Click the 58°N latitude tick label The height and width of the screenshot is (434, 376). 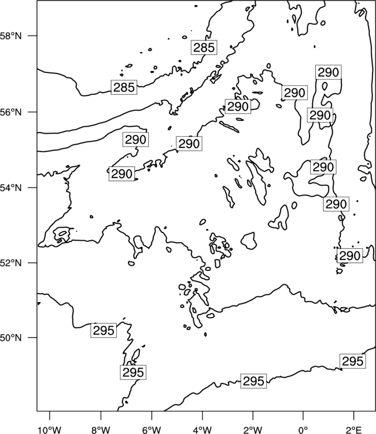(x=11, y=36)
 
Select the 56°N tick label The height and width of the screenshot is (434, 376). (x=11, y=112)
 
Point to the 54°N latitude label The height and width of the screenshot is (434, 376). (x=11, y=188)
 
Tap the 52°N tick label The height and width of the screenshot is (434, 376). (x=11, y=263)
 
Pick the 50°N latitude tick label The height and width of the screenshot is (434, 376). (x=11, y=338)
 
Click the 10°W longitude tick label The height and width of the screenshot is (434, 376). (x=50, y=430)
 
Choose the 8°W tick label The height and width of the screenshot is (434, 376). (x=101, y=430)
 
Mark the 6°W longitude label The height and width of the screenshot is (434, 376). (x=152, y=430)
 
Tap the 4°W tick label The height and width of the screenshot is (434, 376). (x=202, y=430)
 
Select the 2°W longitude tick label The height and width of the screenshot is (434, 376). (x=253, y=430)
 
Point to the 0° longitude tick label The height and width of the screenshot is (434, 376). (x=303, y=430)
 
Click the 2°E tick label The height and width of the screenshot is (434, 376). (x=354, y=430)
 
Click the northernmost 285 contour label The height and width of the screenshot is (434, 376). (x=204, y=47)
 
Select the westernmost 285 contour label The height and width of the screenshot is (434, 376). (x=124, y=87)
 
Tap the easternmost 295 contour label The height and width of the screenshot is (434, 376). (x=352, y=361)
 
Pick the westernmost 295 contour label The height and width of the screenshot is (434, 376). (x=104, y=330)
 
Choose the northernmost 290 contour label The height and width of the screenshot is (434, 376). (x=329, y=72)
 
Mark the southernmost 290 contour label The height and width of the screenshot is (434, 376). (x=350, y=255)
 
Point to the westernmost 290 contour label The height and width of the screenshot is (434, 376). (x=121, y=174)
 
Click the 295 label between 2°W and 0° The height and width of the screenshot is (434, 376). (x=253, y=381)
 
